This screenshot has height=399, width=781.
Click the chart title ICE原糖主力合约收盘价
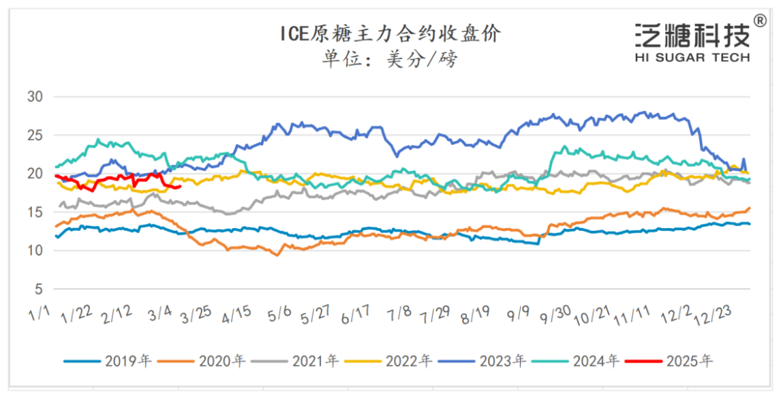click(x=390, y=33)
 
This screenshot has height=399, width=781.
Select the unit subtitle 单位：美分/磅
click(x=390, y=59)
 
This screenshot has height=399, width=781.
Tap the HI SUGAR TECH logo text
click(x=692, y=57)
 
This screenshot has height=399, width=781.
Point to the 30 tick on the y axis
click(x=35, y=96)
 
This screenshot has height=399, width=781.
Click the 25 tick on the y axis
click(x=35, y=135)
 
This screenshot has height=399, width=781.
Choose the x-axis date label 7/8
click(x=399, y=314)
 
